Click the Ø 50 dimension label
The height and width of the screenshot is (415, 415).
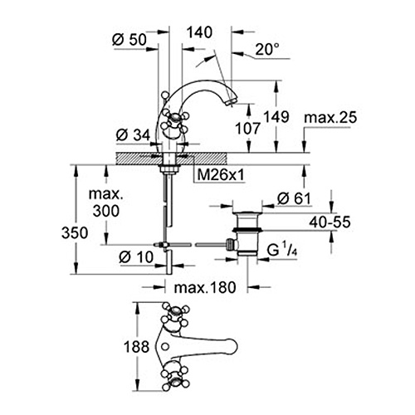(x=129, y=40)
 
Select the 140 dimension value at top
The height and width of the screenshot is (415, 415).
(x=199, y=32)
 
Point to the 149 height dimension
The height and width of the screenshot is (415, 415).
(x=276, y=116)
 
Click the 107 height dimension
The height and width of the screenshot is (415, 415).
(x=248, y=129)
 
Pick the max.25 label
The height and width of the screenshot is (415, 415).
(x=330, y=118)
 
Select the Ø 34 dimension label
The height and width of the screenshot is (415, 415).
(x=133, y=135)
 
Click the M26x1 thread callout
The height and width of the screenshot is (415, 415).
(x=221, y=175)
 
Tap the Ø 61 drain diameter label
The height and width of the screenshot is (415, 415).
(x=294, y=198)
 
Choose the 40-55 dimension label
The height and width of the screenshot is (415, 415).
(x=330, y=222)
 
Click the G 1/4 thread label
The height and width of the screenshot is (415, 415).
(x=282, y=251)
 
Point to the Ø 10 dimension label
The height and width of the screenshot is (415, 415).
(x=136, y=257)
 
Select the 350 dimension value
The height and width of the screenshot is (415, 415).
(x=75, y=232)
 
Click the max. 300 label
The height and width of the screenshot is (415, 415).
(x=106, y=203)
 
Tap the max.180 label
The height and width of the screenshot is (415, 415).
(x=205, y=288)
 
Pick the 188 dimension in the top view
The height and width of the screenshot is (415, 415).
(x=137, y=347)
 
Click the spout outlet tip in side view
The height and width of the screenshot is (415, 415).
(x=231, y=102)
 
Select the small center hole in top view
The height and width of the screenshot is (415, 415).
(x=165, y=346)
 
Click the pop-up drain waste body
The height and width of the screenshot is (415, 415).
(x=247, y=232)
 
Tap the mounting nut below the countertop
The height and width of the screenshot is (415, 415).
(x=168, y=168)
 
